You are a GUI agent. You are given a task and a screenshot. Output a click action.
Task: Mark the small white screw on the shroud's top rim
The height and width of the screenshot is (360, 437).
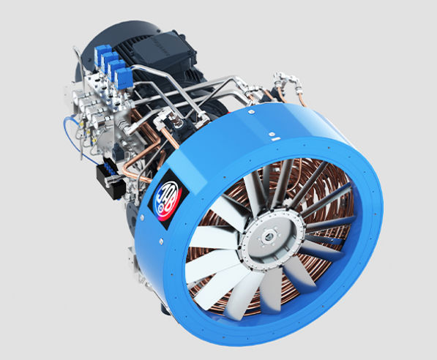tap(271, 135)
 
